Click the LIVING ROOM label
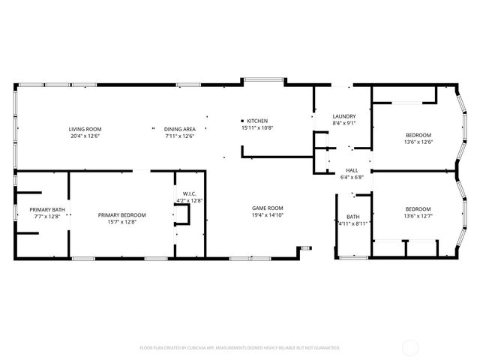85,129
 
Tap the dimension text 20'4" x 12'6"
85,136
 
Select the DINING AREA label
180,129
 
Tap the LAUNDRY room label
343,116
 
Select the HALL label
352,170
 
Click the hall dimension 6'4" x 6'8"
352,178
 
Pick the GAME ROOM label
267,208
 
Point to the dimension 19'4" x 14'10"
267,215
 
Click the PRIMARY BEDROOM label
121,215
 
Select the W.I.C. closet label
187,193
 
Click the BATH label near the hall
352,196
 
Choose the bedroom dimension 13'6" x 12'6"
418,142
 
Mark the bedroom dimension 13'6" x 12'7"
418,217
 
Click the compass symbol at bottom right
410,347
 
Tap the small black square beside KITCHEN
242,121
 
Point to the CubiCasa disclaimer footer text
240,348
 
